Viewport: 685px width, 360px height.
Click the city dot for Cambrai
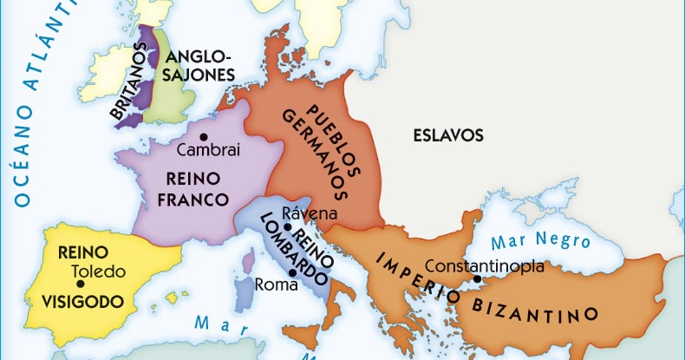coord(204,136)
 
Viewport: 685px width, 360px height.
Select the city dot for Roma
coord(293,273)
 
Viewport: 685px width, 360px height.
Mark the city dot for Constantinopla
coord(476,279)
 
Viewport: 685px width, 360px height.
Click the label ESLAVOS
coord(447,135)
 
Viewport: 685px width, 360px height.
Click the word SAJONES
coord(200,75)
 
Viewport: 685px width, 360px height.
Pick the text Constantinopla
coord(485,265)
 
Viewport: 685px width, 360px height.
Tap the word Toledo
coord(99,272)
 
